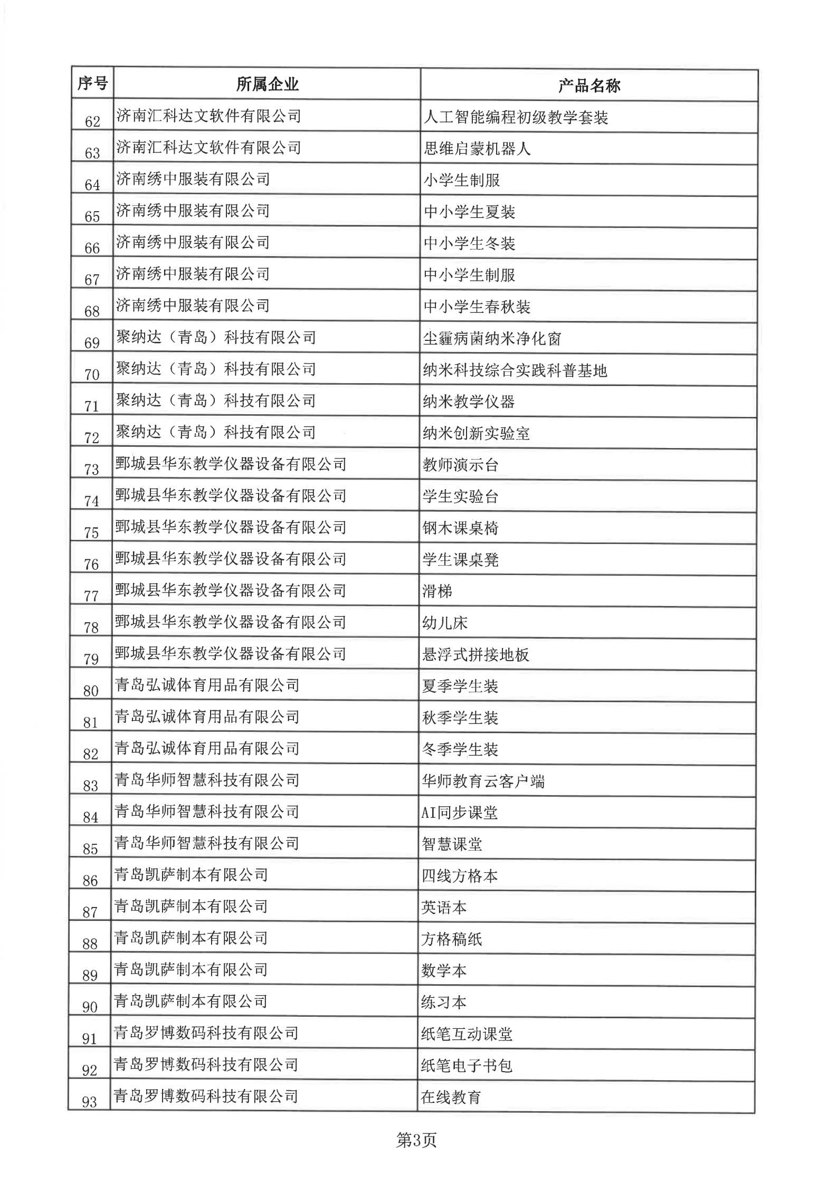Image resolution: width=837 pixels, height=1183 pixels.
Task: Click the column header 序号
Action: (92, 83)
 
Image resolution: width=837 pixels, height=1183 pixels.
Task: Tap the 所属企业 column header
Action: (267, 84)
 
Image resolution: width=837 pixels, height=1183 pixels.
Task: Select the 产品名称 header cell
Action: (589, 86)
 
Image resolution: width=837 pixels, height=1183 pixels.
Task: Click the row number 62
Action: (92, 122)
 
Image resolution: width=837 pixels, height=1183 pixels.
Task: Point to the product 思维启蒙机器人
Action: (477, 149)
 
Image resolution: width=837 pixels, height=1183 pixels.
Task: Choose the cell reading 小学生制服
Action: (461, 180)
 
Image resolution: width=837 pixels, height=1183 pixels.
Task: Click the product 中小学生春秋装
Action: (477, 307)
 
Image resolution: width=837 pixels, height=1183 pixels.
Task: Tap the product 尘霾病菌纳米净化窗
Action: (492, 338)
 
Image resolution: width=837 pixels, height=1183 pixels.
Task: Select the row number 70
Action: (92, 375)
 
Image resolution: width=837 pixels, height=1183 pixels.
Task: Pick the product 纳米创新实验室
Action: (476, 433)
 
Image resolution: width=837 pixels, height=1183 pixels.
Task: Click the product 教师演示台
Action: (461, 465)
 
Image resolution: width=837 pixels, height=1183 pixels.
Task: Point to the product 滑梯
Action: (437, 591)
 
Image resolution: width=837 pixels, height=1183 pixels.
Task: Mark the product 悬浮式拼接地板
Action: (475, 654)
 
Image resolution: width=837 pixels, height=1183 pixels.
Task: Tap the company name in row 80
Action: (207, 685)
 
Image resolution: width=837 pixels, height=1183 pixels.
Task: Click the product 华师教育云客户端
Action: (483, 781)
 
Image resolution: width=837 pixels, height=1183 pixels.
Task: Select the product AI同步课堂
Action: (459, 813)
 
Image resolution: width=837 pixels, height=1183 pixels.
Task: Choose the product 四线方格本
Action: (459, 876)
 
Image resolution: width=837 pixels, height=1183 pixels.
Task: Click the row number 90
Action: (90, 1007)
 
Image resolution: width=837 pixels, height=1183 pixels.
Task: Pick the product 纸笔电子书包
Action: (467, 1065)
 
